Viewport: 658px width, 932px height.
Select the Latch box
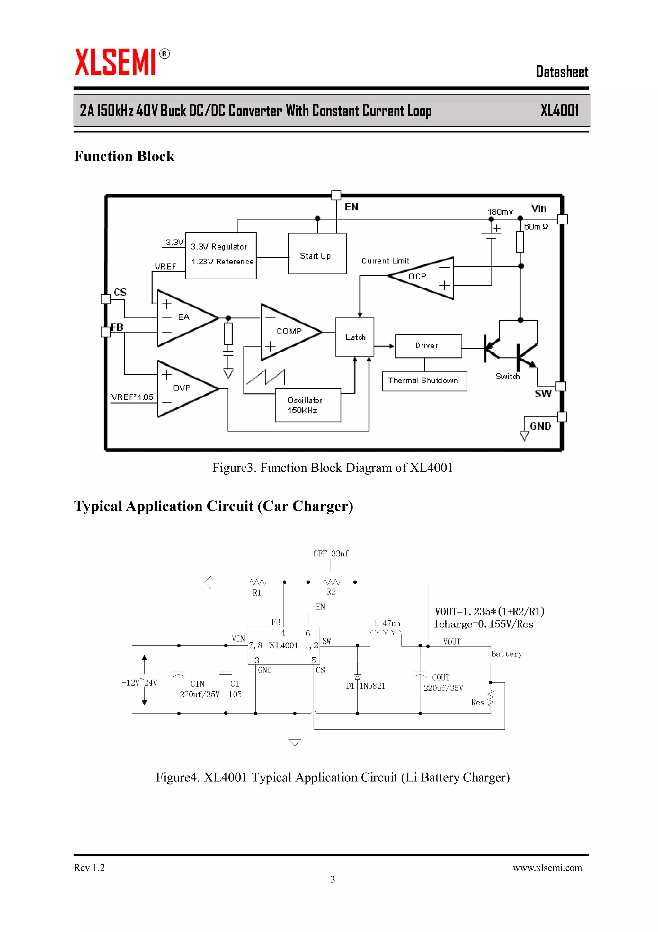point(355,337)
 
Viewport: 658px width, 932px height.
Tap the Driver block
point(428,346)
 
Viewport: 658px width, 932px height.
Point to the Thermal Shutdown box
point(424,381)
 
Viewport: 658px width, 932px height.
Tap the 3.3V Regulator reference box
point(220,255)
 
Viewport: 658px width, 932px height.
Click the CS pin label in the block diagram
point(120,292)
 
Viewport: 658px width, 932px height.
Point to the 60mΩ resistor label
point(536,226)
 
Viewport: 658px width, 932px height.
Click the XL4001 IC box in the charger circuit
point(283,645)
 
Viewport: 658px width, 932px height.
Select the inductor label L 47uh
point(387,623)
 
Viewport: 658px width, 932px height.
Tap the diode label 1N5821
point(372,686)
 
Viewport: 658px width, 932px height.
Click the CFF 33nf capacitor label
point(331,553)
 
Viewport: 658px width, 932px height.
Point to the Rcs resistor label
point(477,702)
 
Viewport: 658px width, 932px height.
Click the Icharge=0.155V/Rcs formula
point(483,624)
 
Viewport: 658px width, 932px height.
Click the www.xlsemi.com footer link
point(547,867)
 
